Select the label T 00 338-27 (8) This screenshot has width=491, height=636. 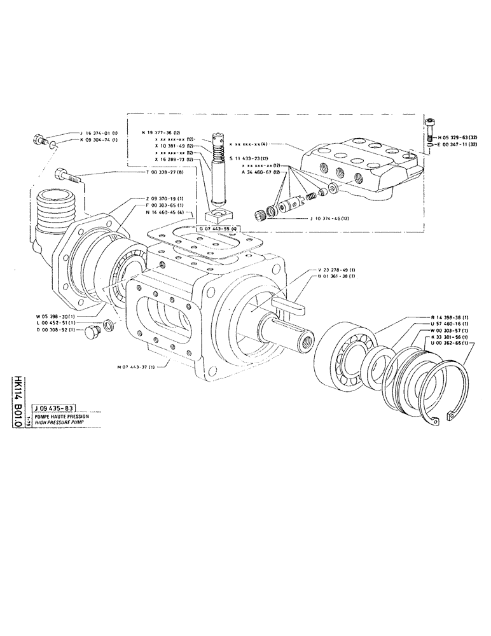[x=167, y=172]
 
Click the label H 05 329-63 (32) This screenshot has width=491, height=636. [x=459, y=137]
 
